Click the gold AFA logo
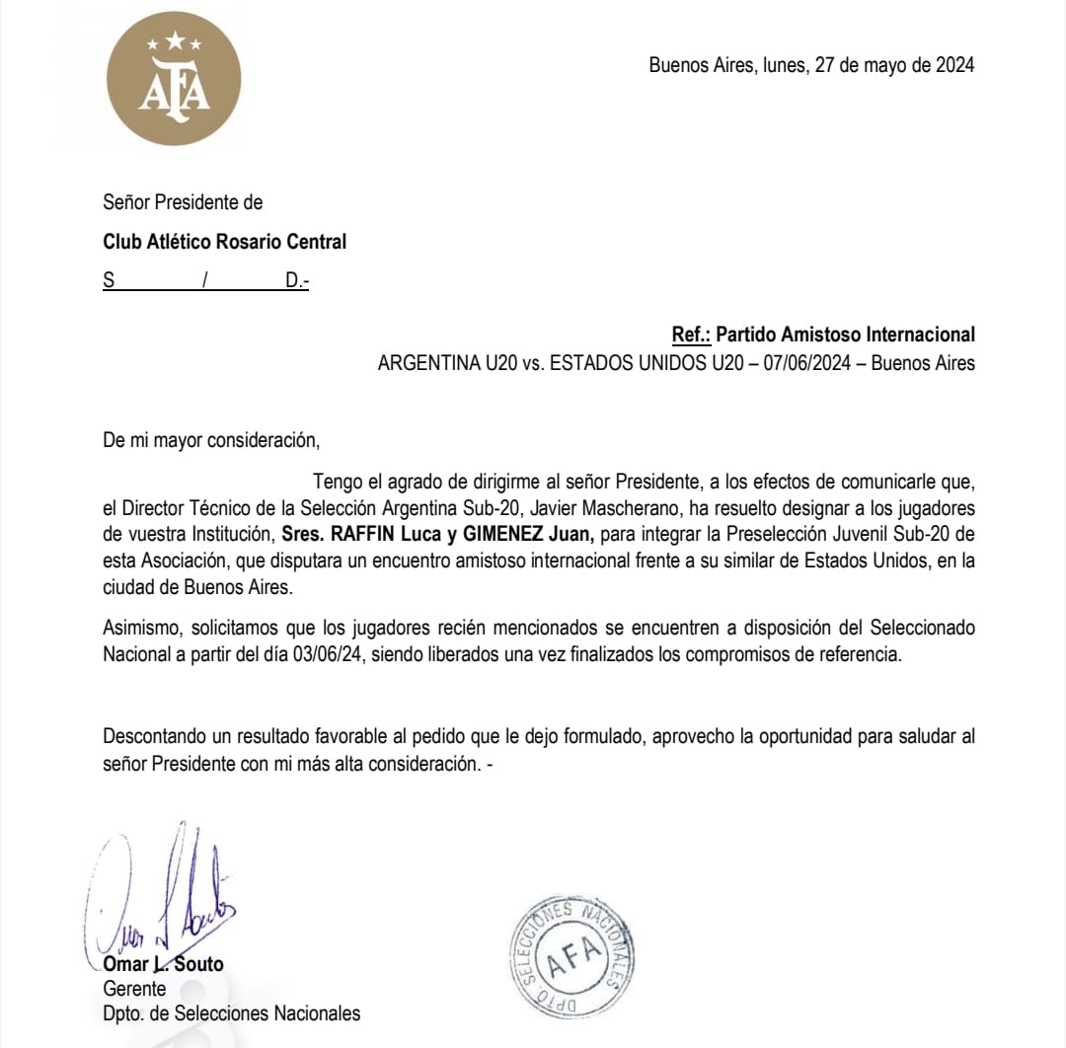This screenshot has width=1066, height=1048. (174, 79)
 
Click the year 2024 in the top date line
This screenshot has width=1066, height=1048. (954, 65)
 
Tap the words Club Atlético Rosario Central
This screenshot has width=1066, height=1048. (225, 242)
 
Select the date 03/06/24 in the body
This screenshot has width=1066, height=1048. (325, 655)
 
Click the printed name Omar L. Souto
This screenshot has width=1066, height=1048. (164, 964)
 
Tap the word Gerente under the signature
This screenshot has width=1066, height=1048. (135, 989)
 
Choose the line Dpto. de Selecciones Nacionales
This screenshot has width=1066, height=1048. (232, 1013)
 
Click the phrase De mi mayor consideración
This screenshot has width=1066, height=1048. (211, 440)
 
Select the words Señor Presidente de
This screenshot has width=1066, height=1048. (183, 203)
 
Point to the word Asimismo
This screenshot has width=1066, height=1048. (140, 629)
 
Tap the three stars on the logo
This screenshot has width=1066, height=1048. (174, 41)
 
